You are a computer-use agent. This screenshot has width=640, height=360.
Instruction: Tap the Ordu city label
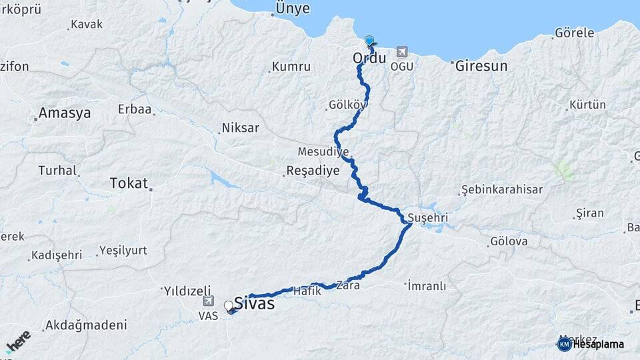click(369, 58)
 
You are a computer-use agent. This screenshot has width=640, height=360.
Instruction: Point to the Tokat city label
click(128, 183)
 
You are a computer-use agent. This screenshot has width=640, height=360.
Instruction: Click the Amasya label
click(64, 113)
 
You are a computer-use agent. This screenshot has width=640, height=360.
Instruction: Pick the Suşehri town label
click(427, 218)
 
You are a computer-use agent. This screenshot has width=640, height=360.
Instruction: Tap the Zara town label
click(348, 285)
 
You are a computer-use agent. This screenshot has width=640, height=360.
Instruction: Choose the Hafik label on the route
click(307, 291)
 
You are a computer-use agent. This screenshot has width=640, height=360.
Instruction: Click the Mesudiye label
click(323, 151)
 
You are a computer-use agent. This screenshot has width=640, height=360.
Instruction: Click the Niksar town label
click(240, 127)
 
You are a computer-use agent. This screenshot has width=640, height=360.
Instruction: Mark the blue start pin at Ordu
click(369, 41)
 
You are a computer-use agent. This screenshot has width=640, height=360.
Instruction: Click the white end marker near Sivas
click(229, 306)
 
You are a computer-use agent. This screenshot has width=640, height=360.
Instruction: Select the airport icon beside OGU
click(401, 51)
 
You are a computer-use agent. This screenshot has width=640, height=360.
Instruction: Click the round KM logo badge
click(564, 344)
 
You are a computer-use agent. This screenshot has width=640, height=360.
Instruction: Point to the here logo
click(18, 341)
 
